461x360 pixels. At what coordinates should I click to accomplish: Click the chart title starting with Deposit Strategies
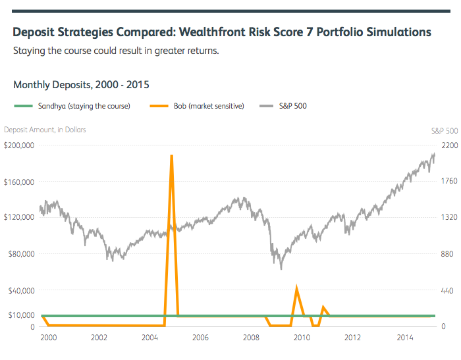[x=222, y=32]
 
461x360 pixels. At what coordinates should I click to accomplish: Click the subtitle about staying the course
[x=116, y=51]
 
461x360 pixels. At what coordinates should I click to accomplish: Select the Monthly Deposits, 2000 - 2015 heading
[x=81, y=85]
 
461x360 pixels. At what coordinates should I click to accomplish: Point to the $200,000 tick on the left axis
[x=19, y=145]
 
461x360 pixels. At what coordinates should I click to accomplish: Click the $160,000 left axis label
[x=19, y=181]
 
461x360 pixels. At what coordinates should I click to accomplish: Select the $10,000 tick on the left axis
[x=20, y=315]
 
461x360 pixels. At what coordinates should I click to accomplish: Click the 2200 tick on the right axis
[x=448, y=145]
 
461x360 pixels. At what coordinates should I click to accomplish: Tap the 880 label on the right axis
[x=447, y=254]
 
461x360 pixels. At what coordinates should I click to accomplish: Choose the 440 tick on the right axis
[x=447, y=290]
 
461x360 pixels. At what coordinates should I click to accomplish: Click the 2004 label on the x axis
[x=149, y=338]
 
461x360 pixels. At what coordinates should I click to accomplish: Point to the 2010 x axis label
[x=302, y=338]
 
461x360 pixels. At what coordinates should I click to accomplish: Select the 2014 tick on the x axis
[x=403, y=338]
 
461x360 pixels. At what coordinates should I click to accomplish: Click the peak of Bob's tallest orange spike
[x=172, y=155]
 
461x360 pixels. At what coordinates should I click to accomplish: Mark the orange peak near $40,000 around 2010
[x=296, y=288]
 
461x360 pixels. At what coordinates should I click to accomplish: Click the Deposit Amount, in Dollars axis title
[x=45, y=130]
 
